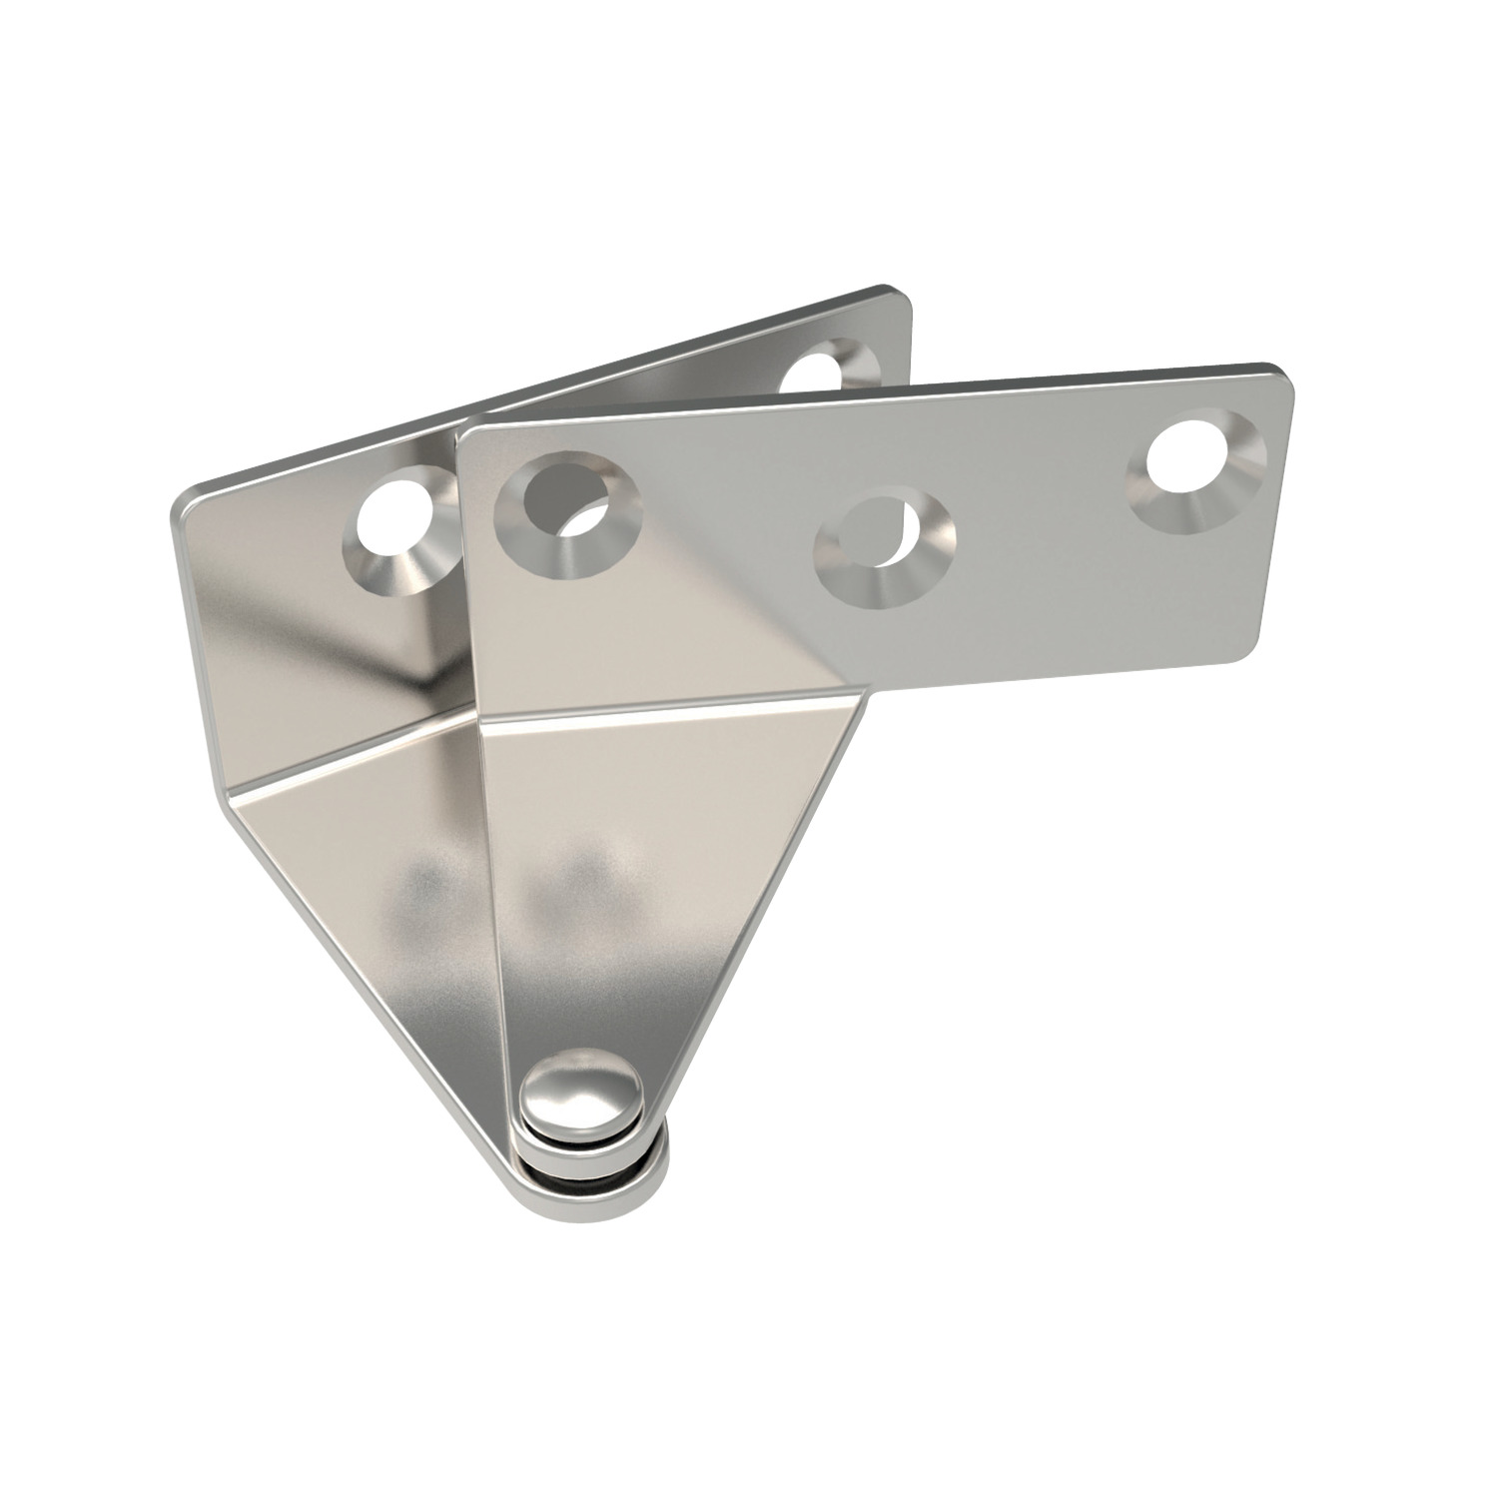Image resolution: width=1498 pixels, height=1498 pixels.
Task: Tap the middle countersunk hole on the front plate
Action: point(885,540)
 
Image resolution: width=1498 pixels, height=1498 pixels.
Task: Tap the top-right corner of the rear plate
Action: point(899,296)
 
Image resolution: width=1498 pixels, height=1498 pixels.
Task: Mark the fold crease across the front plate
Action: point(669,704)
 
